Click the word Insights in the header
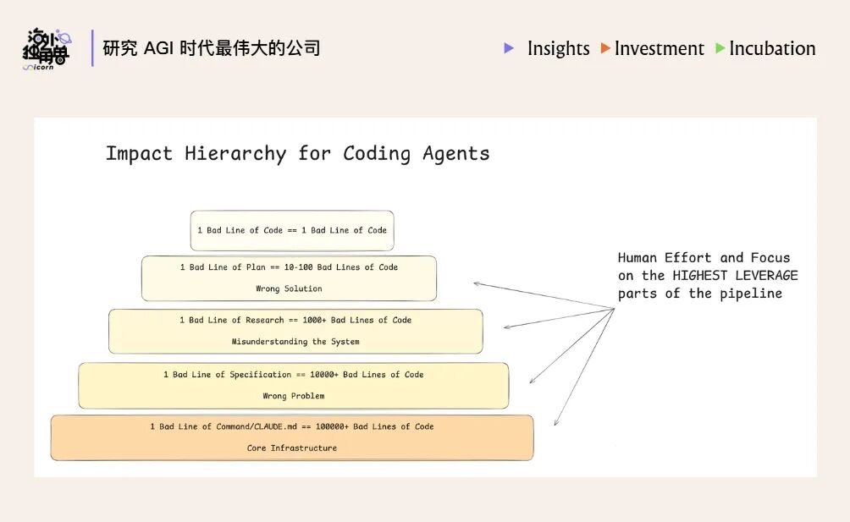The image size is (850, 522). tap(558, 48)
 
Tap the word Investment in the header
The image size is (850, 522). tap(659, 48)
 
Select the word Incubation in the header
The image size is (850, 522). tap(772, 48)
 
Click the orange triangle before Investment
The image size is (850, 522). tap(605, 48)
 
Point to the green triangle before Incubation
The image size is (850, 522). tap(720, 48)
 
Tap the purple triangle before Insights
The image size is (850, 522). tap(509, 48)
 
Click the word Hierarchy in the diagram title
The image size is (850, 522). tap(235, 153)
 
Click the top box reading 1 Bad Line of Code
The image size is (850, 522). tap(292, 230)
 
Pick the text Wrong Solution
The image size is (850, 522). tap(289, 288)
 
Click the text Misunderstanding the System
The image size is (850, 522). tap(295, 342)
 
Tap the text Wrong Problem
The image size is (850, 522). tap(293, 396)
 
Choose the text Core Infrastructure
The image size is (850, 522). tap(291, 448)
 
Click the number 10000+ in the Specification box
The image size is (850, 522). tap(316, 374)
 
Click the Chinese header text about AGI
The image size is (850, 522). tap(212, 48)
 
